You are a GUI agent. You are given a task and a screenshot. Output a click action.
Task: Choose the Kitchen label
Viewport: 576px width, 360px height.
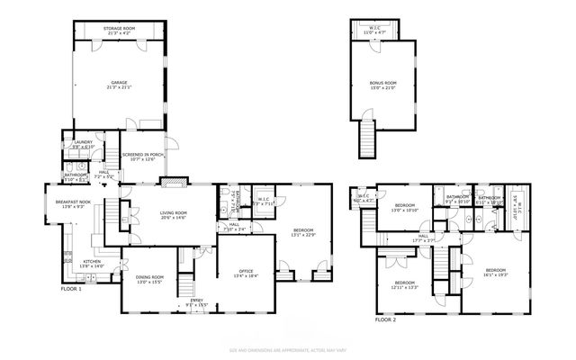coord(93,264)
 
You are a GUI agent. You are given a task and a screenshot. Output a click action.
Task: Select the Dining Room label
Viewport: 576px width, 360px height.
coord(149,279)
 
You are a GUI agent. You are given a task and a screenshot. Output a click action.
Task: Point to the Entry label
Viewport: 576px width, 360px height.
coord(195,302)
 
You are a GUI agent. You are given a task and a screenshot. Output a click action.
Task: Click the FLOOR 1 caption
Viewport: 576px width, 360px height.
coord(71,289)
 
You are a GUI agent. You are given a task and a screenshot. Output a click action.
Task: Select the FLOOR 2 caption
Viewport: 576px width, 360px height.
coord(385,319)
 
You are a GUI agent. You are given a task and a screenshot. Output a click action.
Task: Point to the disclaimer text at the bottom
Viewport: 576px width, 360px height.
coord(288,348)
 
